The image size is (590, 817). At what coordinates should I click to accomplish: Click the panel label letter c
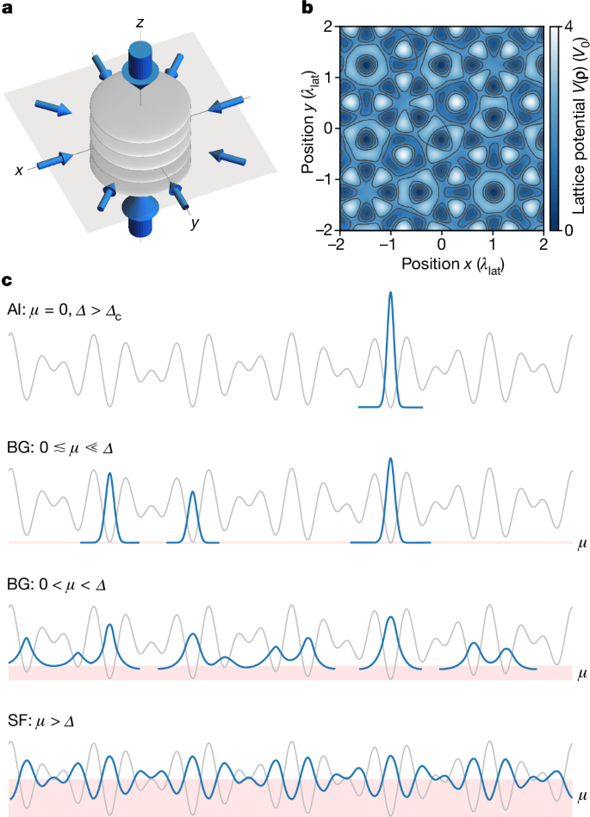pos(7,280)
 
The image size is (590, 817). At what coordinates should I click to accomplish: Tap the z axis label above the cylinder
pos(139,20)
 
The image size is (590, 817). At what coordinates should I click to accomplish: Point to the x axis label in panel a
pos(18,171)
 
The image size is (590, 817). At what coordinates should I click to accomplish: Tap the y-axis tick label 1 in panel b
pos(328,76)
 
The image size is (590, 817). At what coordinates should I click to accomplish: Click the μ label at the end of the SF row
pos(582,794)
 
